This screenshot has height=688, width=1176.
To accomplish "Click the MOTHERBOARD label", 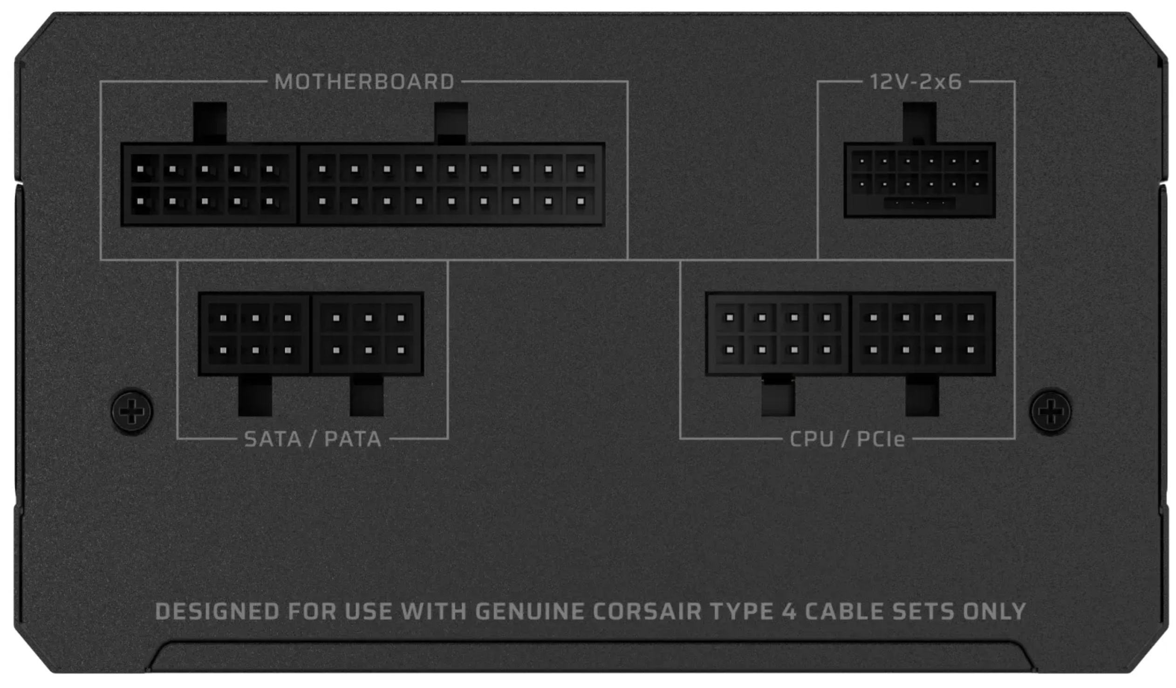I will point(364,82).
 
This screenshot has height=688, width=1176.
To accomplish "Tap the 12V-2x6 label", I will point(916,82).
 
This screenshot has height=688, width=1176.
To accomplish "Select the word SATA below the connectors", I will point(273,439).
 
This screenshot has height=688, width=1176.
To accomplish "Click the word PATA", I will point(353,439).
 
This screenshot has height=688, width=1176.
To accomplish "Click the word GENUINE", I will point(530,612).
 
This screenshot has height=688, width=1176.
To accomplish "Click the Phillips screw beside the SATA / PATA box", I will point(132,411).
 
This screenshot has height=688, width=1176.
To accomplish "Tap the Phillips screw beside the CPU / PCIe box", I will point(1051,411).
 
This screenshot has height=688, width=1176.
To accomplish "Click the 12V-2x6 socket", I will point(919,180).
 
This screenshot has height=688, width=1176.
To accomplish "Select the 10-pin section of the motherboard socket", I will point(209,185).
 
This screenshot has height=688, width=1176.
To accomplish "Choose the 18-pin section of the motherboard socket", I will point(451,185).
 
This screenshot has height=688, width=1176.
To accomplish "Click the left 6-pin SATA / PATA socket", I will point(254,334).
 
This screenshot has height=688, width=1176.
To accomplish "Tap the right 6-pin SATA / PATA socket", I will point(368,334).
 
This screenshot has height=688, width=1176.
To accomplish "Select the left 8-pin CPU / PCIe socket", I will point(778,334).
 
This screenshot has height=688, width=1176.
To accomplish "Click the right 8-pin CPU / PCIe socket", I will point(923,334).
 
